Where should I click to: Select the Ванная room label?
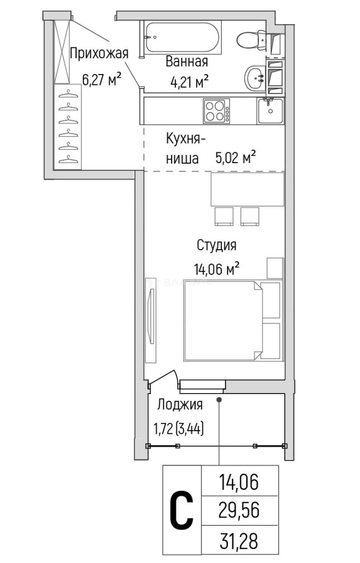[x=187, y=62]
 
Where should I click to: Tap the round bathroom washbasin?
[x=256, y=78]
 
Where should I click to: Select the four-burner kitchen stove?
[x=217, y=111]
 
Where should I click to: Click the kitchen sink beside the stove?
[x=270, y=111]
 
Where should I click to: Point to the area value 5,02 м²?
[x=235, y=157]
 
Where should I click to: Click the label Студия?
[x=217, y=245]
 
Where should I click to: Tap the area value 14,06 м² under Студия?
[x=217, y=269]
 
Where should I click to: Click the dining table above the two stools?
[x=247, y=189]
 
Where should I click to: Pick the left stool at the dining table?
[x=224, y=216]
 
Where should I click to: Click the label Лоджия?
[x=180, y=405]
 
